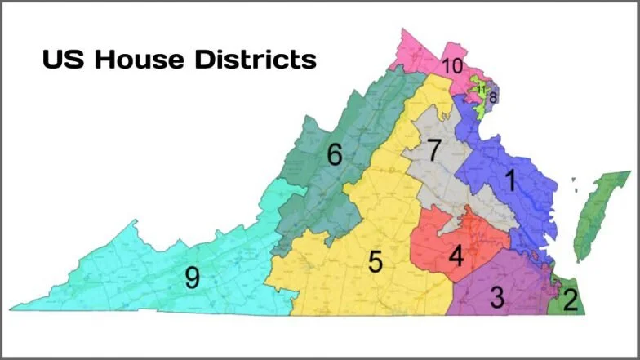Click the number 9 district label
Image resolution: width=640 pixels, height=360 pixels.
pos(192,278)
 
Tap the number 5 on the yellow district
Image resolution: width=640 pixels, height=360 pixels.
pos(375,262)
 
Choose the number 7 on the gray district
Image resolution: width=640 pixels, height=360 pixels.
pos(434,149)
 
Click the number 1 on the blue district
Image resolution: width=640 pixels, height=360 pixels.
pos(511,181)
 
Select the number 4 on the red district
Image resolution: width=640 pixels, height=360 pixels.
pos(456,256)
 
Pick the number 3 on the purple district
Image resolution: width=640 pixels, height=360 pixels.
pos(496,297)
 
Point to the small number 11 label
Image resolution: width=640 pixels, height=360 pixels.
pos(482,89)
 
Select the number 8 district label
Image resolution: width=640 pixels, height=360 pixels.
pos(493,98)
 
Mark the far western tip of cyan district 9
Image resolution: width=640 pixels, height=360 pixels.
pos(12,309)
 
